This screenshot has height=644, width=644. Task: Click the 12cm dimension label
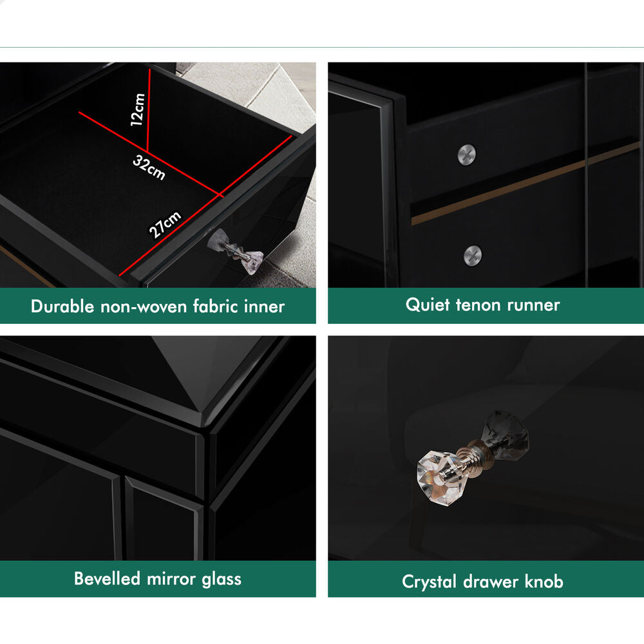click(138, 109)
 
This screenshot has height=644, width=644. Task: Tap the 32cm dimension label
click(149, 167)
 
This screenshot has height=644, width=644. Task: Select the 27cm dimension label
click(165, 224)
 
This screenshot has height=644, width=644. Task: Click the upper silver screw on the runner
click(467, 155)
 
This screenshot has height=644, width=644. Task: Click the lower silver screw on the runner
click(473, 256)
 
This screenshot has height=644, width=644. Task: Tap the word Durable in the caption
click(62, 307)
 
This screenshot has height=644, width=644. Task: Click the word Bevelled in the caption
click(107, 578)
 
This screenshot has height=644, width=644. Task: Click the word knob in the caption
click(544, 581)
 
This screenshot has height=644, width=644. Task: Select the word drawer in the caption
click(490, 582)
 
